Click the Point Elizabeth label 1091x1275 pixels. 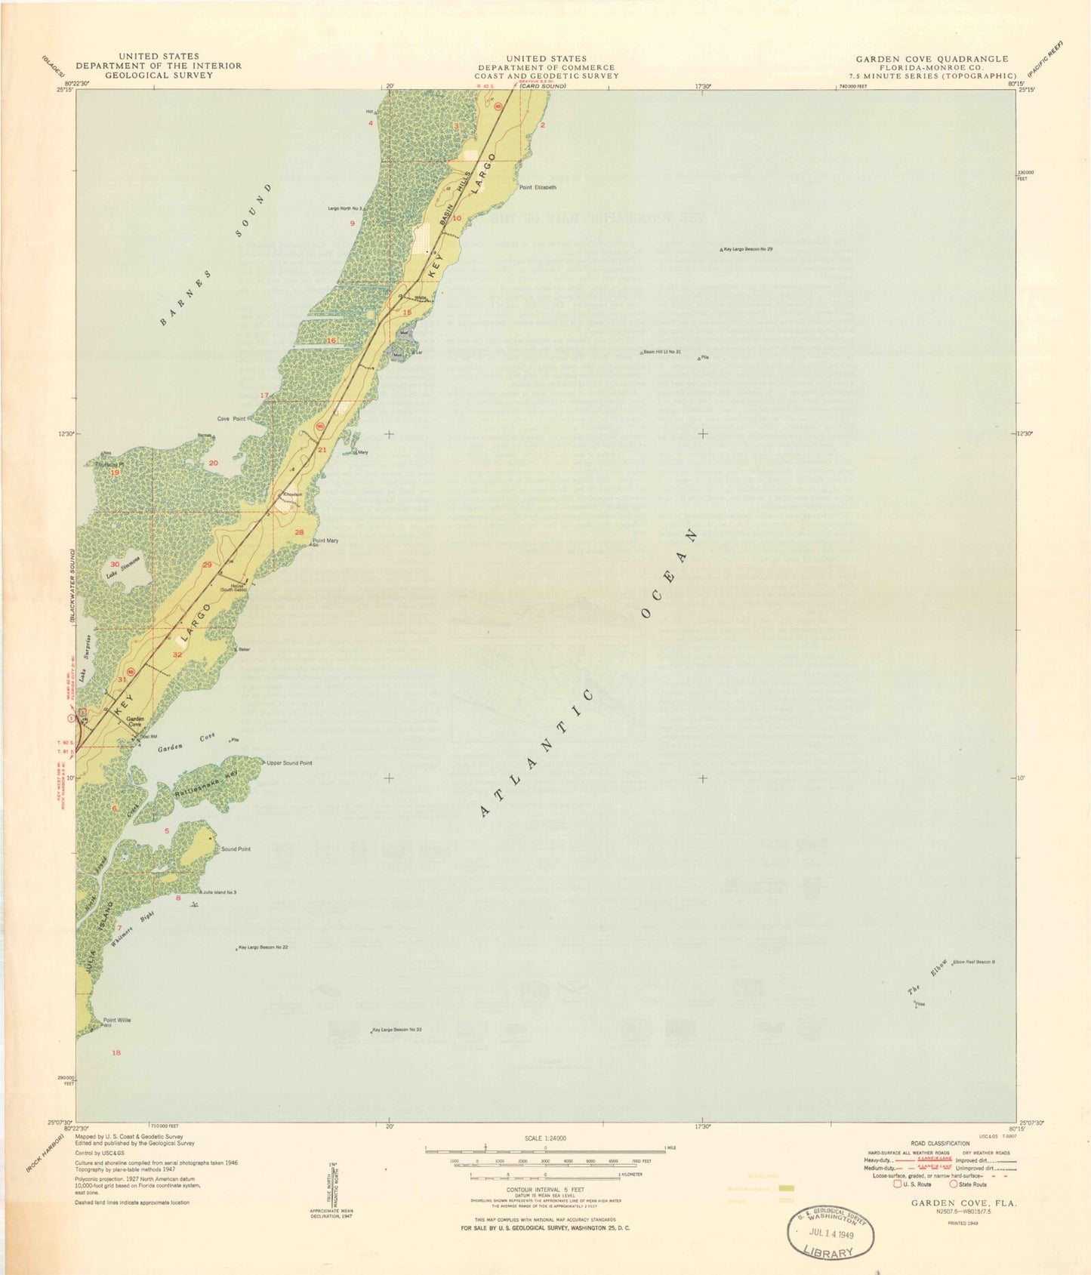[x=538, y=187]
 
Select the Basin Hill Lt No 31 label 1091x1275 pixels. [x=662, y=352]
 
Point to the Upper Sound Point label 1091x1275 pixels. [x=289, y=763]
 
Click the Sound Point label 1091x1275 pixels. [x=236, y=849]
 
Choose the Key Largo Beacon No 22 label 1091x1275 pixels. [x=264, y=947]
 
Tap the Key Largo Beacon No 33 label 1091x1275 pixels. [x=397, y=1030]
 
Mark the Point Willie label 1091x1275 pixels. [x=117, y=1020]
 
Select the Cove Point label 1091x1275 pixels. [x=231, y=418]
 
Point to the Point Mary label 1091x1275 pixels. [x=325, y=540]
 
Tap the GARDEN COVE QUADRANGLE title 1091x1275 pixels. [x=932, y=59]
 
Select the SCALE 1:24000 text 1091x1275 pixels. [x=545, y=1138]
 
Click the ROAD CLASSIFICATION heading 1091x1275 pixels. [x=940, y=1144]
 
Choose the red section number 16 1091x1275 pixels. [x=331, y=340]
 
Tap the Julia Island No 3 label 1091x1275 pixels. [x=220, y=892]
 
